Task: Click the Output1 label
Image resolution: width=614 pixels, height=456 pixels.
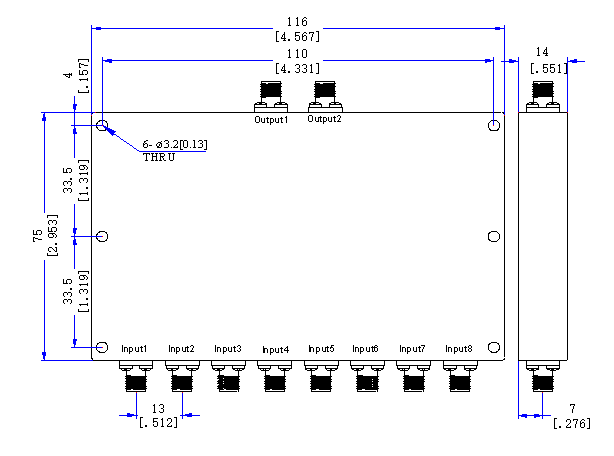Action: (271, 119)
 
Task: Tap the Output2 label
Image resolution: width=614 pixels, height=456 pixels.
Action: (324, 119)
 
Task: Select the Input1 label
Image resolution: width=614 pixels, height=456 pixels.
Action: (134, 349)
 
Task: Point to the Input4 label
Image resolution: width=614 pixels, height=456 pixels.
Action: (275, 350)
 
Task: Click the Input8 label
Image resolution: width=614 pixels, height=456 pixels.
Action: (459, 349)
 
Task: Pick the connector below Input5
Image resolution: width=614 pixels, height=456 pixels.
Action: (321, 376)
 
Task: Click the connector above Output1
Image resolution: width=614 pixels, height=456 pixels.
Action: (271, 97)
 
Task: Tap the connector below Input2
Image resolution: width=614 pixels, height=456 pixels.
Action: (182, 376)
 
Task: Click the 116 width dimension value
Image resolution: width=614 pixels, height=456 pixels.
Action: (297, 22)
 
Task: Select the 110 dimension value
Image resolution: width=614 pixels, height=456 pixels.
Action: (297, 54)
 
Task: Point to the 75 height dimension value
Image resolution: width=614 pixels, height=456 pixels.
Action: (38, 236)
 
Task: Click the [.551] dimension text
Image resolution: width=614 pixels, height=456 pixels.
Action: (549, 68)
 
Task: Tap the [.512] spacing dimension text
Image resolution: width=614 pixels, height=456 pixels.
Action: (158, 422)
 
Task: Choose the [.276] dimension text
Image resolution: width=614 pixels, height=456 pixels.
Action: (572, 423)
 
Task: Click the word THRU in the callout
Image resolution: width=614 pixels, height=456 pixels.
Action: (159, 157)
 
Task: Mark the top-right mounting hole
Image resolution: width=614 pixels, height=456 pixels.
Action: (494, 125)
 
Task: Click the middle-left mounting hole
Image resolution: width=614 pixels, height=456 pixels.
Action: (102, 236)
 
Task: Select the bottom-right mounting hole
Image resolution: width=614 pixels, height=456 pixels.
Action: (494, 347)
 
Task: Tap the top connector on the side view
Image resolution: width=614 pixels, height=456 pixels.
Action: (543, 97)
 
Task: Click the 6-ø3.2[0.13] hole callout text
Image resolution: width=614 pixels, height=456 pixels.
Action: (175, 144)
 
